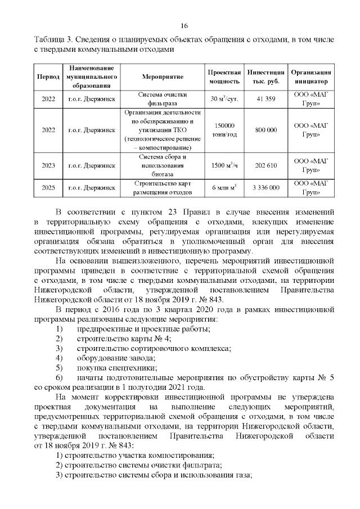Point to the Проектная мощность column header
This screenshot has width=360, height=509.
[x=224, y=76]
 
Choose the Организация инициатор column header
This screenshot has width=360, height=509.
[x=310, y=76]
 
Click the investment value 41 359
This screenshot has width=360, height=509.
[x=265, y=99]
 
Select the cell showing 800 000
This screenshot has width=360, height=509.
[x=265, y=130]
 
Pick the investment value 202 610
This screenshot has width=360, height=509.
[x=265, y=165]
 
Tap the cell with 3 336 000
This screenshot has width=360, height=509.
[x=265, y=188]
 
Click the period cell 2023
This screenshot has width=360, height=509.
[x=48, y=165]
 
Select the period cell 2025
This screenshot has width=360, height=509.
[x=48, y=188]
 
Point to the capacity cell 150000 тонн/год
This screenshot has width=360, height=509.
[x=224, y=130]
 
